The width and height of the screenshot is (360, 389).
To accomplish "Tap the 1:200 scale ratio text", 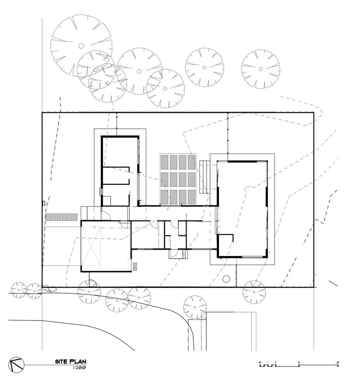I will point(79,367).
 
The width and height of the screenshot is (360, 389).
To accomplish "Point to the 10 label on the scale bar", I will point(337,363).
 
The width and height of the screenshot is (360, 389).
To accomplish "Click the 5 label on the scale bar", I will point(299,363).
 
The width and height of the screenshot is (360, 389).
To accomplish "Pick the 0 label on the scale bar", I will point(260,363).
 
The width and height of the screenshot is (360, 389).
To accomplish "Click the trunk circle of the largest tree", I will point(81,46).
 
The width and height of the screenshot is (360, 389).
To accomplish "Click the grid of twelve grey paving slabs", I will point(178,179).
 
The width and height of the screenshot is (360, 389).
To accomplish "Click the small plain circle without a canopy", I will point(226,279).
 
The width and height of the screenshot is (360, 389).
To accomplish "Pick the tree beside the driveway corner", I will point(195,307).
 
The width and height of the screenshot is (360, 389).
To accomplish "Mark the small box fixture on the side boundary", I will point(44,203).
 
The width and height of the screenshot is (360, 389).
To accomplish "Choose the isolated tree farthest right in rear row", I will point(260,69).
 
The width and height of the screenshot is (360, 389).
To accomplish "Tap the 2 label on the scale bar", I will point(275,363).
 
